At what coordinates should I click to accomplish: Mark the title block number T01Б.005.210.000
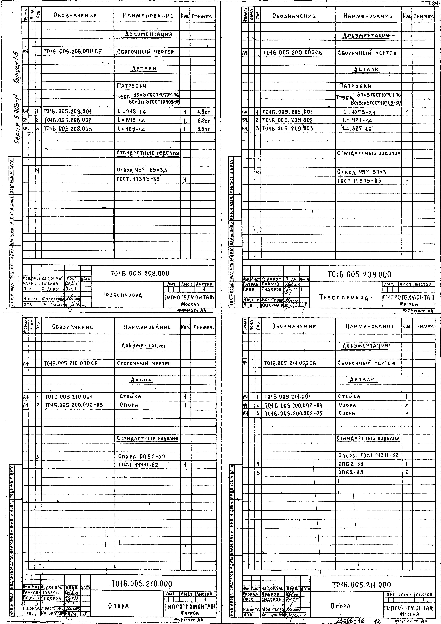click(x=142, y=584)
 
